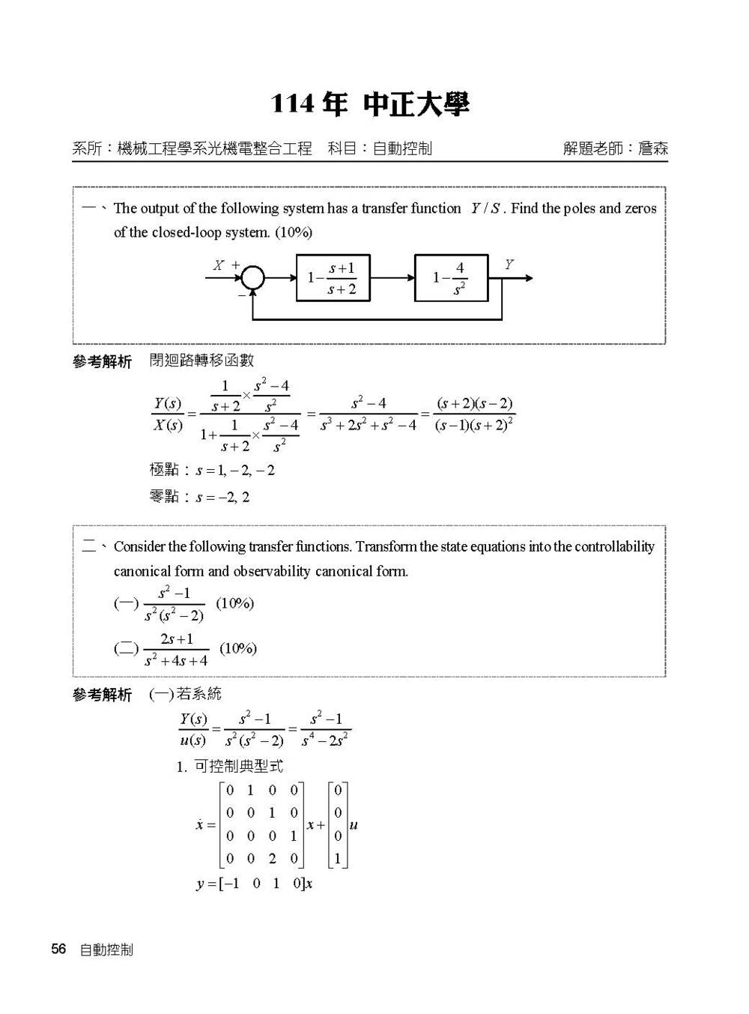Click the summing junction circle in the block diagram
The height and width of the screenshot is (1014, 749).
(253, 278)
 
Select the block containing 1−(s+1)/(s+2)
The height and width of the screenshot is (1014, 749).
(333, 278)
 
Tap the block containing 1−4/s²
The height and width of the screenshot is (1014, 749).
(450, 278)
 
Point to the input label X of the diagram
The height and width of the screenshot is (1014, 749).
(218, 265)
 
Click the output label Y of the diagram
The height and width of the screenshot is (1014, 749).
(509, 265)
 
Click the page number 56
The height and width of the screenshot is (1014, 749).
(58, 950)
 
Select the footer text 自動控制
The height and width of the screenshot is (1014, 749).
(106, 950)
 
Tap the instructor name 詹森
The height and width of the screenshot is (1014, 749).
(652, 148)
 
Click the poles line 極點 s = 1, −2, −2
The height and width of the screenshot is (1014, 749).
(212, 471)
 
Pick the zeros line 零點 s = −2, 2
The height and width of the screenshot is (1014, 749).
(199, 496)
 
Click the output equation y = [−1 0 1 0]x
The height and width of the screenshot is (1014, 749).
(254, 884)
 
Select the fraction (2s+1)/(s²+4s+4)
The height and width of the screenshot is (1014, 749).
(176, 650)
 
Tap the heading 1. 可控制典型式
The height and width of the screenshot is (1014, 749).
(229, 766)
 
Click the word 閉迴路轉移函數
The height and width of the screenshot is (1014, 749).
(201, 360)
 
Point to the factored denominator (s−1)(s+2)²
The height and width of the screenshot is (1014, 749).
(474, 425)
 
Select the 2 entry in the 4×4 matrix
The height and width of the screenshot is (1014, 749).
(272, 859)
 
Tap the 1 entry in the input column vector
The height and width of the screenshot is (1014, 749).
(338, 859)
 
